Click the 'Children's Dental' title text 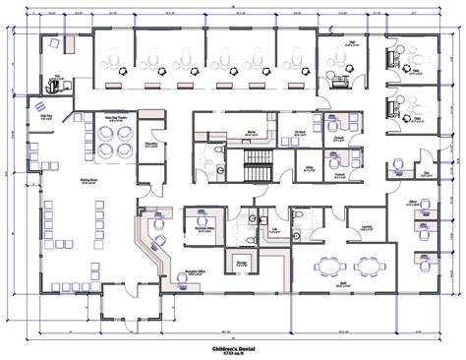[232, 347]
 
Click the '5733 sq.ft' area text [232, 354]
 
